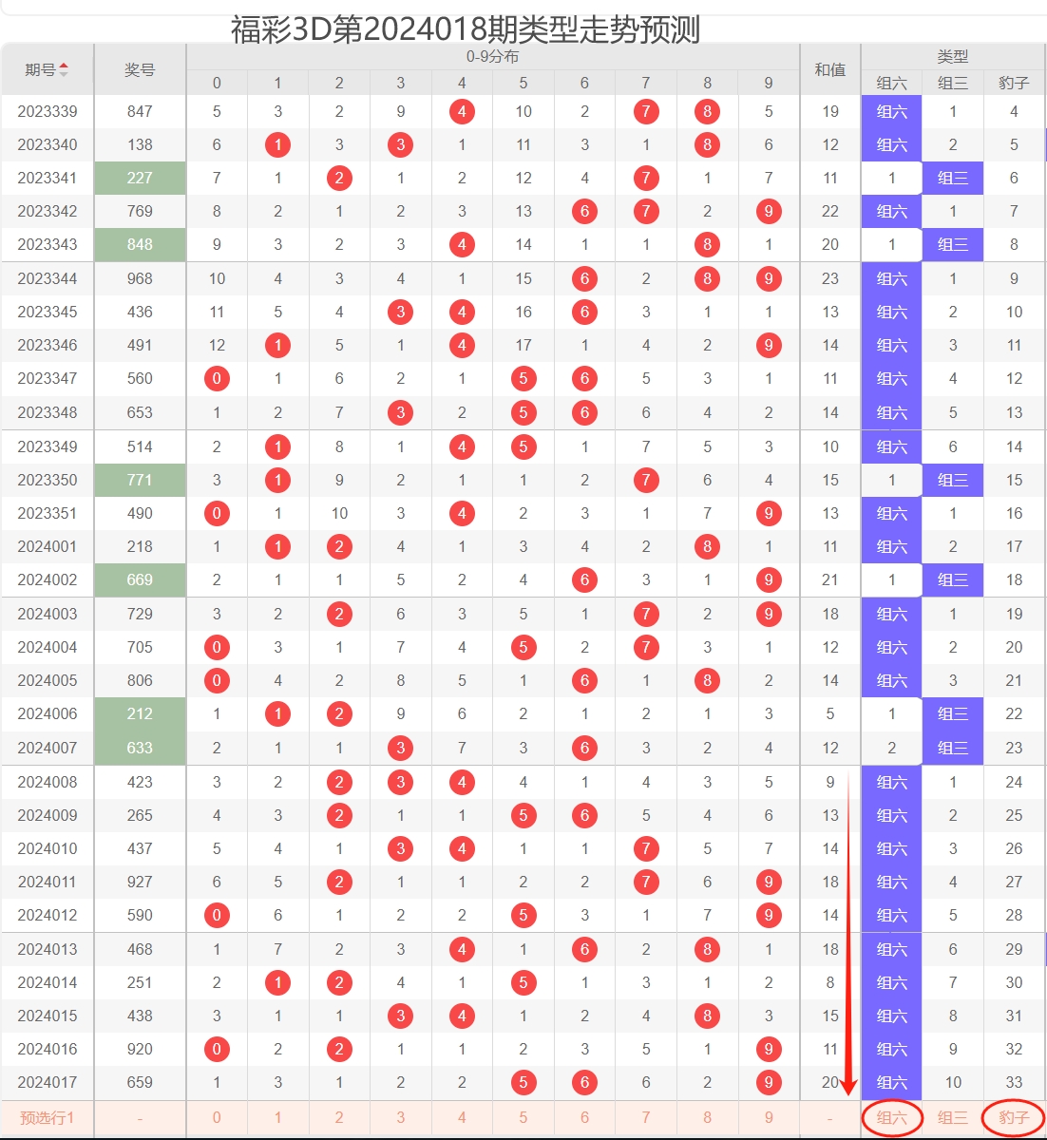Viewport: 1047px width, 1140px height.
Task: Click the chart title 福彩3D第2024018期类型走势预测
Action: [x=466, y=29]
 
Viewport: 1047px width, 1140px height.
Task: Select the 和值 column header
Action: [x=829, y=69]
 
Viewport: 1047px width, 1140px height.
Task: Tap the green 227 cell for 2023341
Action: [x=140, y=178]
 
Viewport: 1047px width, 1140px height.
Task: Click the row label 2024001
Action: [x=47, y=546]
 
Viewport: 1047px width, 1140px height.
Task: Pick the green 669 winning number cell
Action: [x=140, y=579]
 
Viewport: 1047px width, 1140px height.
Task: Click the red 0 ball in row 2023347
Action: [x=217, y=378]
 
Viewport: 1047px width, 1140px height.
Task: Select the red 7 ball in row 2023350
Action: [x=646, y=480]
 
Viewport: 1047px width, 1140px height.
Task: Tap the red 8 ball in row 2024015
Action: [x=707, y=1016]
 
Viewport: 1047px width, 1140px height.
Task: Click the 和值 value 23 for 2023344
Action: [x=829, y=278]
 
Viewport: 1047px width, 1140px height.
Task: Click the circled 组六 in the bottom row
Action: [x=892, y=1118]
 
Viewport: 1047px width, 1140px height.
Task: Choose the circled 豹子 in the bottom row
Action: [x=1014, y=1118]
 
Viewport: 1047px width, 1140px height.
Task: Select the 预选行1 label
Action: [x=47, y=1118]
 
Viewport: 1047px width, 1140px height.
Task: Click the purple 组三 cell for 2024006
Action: [x=953, y=713]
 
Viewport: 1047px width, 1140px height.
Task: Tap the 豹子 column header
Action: [x=1014, y=83]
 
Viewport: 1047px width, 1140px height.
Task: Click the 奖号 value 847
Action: [x=140, y=111]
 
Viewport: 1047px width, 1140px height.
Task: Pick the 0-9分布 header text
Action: [x=492, y=56]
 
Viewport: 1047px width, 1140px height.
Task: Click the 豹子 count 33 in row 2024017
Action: [x=1014, y=1082]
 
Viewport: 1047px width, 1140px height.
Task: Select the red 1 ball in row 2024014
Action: [x=277, y=982]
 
